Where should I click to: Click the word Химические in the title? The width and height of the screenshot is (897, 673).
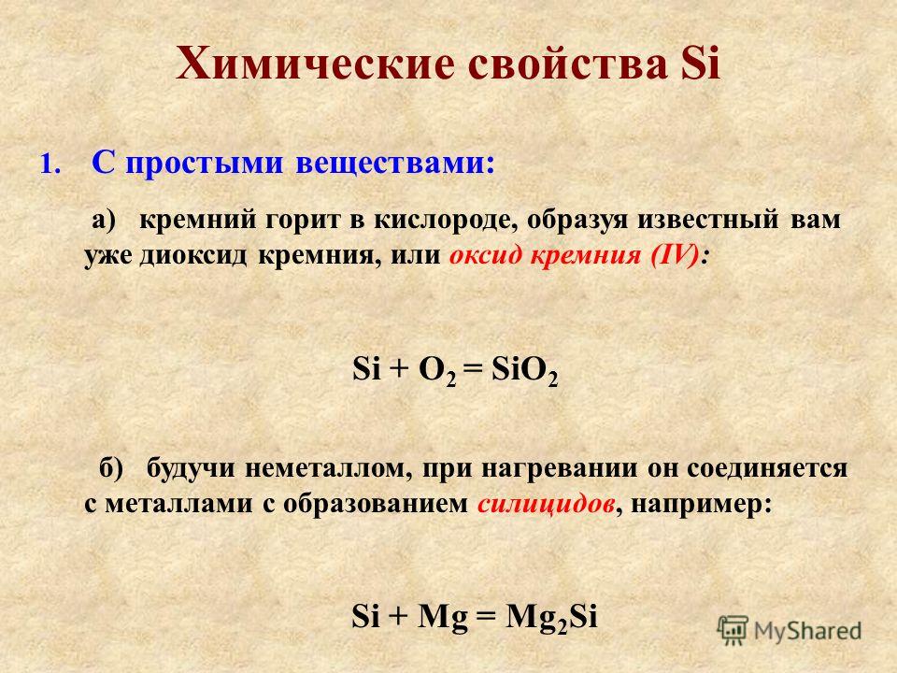[x=317, y=64]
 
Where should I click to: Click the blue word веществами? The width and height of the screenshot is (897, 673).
[x=394, y=164]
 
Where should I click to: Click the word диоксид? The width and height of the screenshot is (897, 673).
[x=194, y=255]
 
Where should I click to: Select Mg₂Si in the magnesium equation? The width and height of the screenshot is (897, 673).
[x=552, y=618]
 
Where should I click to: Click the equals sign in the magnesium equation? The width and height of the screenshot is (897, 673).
[x=486, y=618]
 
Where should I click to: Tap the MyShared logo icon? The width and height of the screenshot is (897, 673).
[x=733, y=632]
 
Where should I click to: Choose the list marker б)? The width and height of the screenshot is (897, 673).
[x=111, y=469]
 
